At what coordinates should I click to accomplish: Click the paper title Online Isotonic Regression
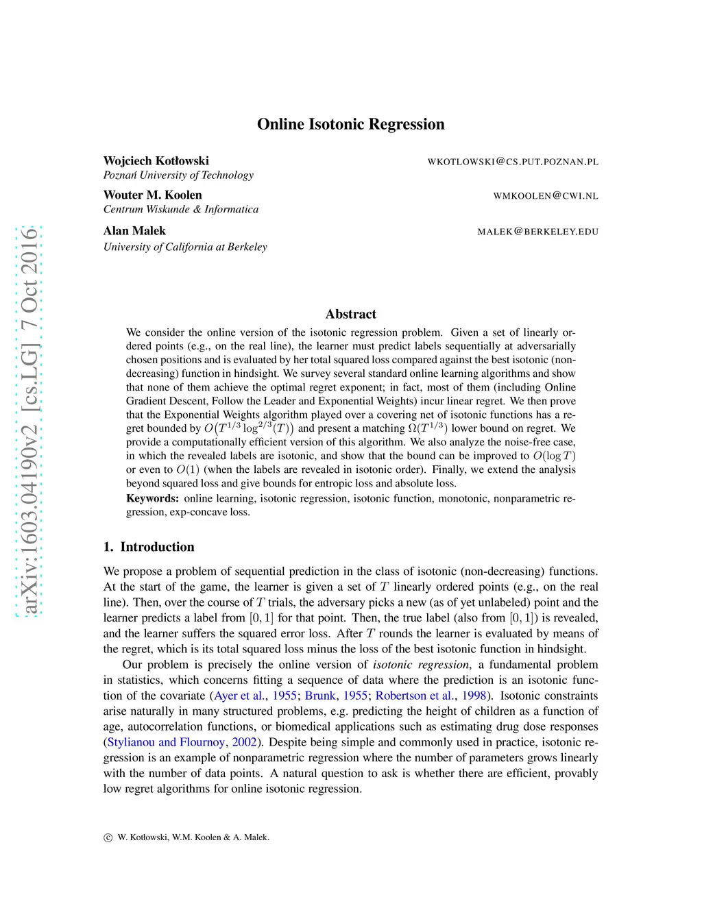pos(350,124)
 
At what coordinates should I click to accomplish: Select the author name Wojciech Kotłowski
pos(156,161)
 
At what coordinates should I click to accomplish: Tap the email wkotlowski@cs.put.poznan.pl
pos(513,162)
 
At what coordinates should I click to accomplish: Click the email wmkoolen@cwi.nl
pos(546,196)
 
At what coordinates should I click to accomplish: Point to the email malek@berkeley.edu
pos(537,232)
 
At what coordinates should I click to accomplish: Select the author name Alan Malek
pos(134,231)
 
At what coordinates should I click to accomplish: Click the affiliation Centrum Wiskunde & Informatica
pos(181,210)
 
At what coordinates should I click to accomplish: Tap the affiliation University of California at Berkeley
pos(185,247)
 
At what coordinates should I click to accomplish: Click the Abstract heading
pos(350,314)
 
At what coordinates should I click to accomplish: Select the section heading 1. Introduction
pos(149,547)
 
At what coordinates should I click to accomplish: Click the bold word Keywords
pos(152,498)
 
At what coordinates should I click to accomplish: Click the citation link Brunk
pos(320,696)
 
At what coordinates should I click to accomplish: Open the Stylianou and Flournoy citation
pos(166,742)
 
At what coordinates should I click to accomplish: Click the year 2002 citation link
pos(244,742)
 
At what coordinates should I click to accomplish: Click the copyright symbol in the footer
pos(108,837)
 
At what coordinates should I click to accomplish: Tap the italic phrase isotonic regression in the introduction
pos(421,665)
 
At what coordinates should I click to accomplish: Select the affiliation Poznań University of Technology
pos(178,175)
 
